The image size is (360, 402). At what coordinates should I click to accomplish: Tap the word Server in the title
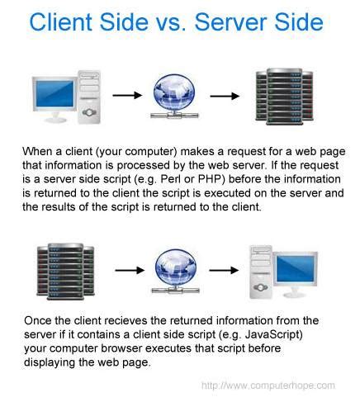[x=235, y=22]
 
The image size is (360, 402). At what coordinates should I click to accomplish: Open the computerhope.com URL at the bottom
[x=268, y=385]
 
